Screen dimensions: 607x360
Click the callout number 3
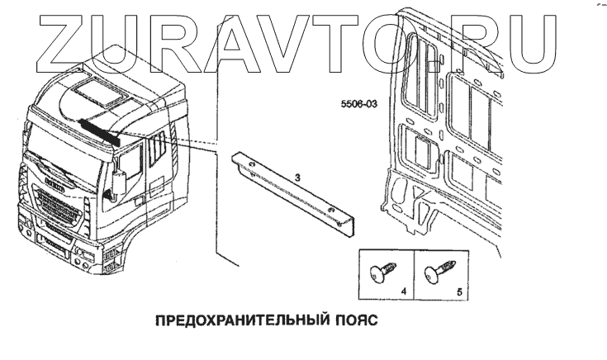coord(297,177)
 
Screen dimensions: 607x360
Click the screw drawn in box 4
coord(383,270)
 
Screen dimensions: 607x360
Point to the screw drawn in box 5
coord(439,270)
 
